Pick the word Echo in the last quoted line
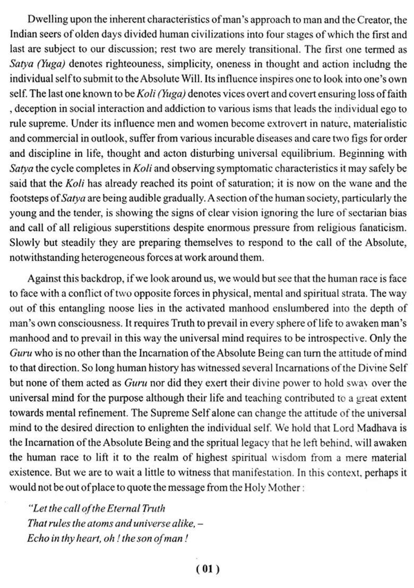[x=39, y=538]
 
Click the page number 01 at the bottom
[x=208, y=569]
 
